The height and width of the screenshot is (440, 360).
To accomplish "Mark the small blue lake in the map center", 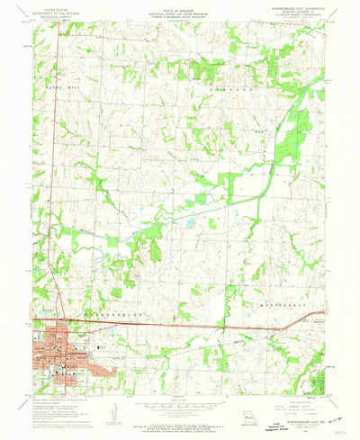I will coord(190,220).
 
